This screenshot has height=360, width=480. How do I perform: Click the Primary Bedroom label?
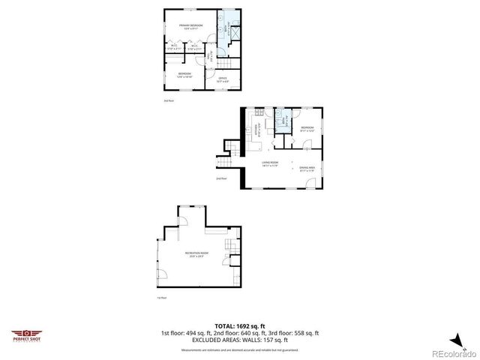190,27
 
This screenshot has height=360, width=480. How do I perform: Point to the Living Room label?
270,164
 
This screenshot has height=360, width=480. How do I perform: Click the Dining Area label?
307,169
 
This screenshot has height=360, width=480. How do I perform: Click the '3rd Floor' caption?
168,100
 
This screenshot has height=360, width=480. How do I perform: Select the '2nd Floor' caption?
221,179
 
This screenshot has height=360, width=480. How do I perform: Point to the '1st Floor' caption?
160,298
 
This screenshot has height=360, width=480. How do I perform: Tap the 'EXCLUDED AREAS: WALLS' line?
239,340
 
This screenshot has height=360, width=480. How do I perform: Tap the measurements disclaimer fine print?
239,349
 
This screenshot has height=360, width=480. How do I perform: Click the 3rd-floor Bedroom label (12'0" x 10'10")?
184,74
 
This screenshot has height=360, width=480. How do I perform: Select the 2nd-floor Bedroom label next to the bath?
307,129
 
